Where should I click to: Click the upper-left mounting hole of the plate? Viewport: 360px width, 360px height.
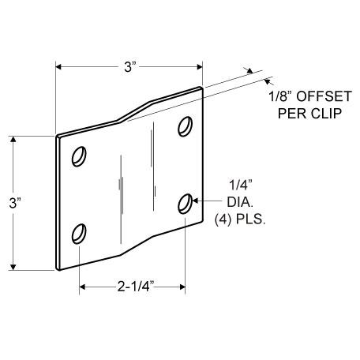[79, 156]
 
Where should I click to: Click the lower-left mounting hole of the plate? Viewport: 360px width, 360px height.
[79, 234]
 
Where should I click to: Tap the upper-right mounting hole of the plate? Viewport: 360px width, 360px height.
[185, 126]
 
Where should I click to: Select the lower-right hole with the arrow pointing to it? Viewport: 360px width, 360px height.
[185, 204]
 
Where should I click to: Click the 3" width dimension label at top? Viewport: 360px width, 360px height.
[129, 67]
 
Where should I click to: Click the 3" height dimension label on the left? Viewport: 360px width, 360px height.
[14, 203]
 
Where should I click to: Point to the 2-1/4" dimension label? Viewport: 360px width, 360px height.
[136, 287]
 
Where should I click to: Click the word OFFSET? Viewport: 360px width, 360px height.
[324, 96]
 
